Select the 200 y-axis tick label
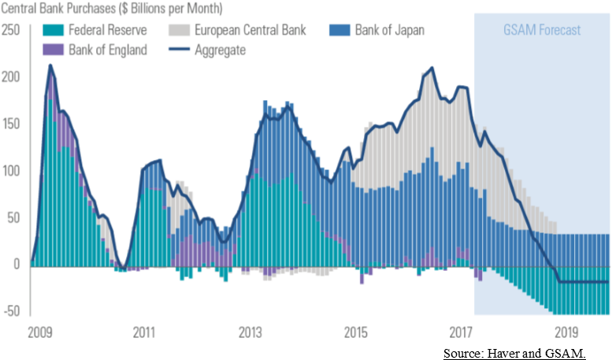[11, 77]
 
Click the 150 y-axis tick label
[11, 124]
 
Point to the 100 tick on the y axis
[11, 171]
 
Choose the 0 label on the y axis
[16, 265]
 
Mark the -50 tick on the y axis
[11, 311]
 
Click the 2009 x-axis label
[39, 333]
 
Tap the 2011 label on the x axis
[144, 333]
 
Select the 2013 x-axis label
[250, 333]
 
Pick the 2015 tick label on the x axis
[356, 333]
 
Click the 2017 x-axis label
[462, 333]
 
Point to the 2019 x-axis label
[567, 333]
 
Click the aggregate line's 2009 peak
[50, 65]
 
